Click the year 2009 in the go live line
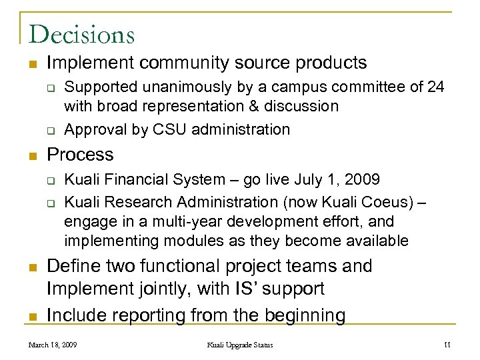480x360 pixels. click(363, 179)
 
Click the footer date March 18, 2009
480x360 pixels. click(53, 344)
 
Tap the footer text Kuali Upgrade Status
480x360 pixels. click(240, 344)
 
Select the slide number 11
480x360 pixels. click(448, 344)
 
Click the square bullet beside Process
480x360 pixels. click(31, 155)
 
